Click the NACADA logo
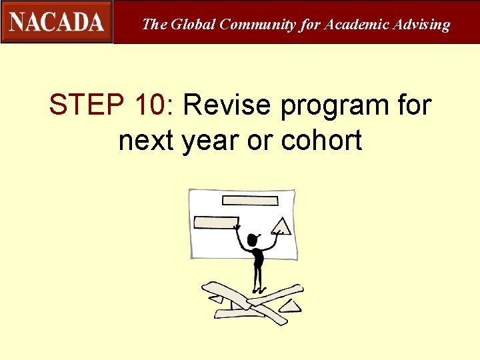pos(57,22)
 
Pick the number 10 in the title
pos(155,105)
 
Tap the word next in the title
pos(146,141)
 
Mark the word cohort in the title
pos(322,141)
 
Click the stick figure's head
pos(253,240)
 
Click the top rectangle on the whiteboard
pos(250,200)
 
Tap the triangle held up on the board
pos(281,226)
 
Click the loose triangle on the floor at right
pos(290,306)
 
